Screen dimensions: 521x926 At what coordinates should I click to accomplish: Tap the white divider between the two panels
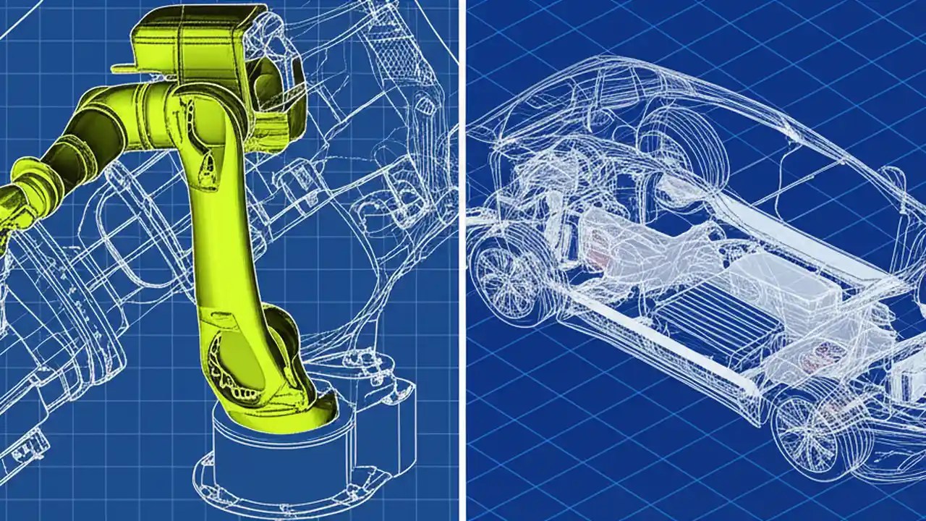click(462, 260)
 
